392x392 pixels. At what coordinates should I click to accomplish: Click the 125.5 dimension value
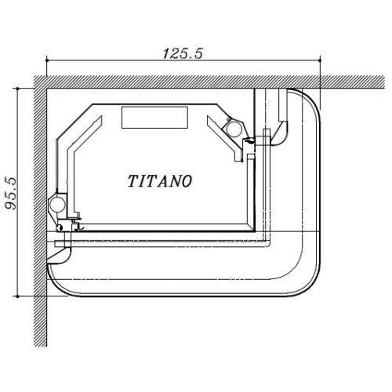pyautogui.click(x=183, y=53)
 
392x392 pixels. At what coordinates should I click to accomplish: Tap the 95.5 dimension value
pyautogui.click(x=11, y=194)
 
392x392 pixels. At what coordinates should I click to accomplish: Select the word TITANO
pyautogui.click(x=160, y=181)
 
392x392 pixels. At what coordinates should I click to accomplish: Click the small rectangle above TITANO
pyautogui.click(x=154, y=118)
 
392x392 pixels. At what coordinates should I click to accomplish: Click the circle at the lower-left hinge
pyautogui.click(x=57, y=203)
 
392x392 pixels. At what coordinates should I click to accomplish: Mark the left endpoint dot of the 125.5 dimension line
pyautogui.click(x=47, y=60)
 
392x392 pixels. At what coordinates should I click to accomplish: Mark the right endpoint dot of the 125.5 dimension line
pyautogui.click(x=320, y=60)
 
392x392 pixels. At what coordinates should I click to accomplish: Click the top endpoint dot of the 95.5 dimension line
pyautogui.click(x=17, y=89)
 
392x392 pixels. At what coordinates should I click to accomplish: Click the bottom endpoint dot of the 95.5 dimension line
pyautogui.click(x=17, y=296)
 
